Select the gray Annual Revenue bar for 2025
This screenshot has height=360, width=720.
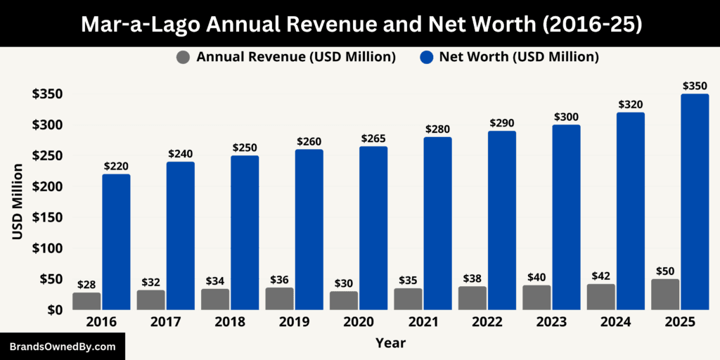click(x=665, y=295)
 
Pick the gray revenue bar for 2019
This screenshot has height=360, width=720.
click(x=279, y=299)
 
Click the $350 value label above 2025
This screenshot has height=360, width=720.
click(x=695, y=86)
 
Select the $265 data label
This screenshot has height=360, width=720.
click(x=373, y=138)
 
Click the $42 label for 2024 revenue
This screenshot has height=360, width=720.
click(x=601, y=276)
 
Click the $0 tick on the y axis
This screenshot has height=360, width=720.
click(x=53, y=310)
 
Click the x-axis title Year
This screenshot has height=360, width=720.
click(x=390, y=343)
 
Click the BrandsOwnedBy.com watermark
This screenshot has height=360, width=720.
click(x=63, y=347)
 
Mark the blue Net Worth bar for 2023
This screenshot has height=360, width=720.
click(x=566, y=217)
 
